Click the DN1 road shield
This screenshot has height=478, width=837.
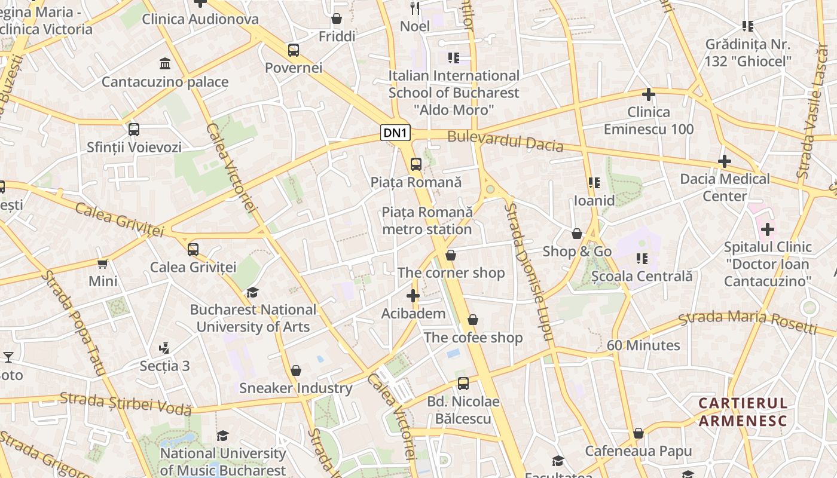[x=395, y=133]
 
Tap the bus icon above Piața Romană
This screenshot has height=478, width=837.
[x=416, y=164]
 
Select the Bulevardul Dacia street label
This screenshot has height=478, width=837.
[x=505, y=141]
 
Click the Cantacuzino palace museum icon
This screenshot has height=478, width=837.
[x=165, y=63]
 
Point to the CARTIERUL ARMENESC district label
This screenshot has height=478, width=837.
[x=743, y=412]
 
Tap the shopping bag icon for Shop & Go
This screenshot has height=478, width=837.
[x=577, y=234]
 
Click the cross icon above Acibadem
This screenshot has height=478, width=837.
[x=413, y=296]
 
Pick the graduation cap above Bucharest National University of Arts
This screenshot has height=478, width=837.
[x=253, y=292]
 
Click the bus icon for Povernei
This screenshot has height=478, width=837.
[x=293, y=50]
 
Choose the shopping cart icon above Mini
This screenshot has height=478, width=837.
[x=103, y=263]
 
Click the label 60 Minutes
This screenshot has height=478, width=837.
[x=643, y=345]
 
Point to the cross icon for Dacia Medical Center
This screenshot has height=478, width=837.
[x=725, y=161]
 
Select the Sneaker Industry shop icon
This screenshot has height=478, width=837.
[x=295, y=371]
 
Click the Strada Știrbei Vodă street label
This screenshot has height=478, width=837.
[x=126, y=403]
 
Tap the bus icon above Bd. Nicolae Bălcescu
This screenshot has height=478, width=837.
[x=463, y=384]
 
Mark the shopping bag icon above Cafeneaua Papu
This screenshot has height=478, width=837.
[x=639, y=434]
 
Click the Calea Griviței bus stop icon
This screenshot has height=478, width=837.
[x=193, y=250]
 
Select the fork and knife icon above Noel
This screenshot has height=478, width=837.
[x=416, y=8]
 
